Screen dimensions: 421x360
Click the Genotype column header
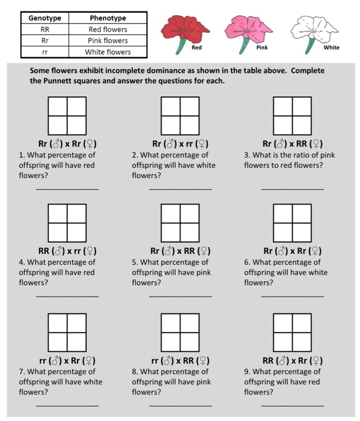44,18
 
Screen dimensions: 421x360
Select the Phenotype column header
108,18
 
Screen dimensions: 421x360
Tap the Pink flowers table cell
108,40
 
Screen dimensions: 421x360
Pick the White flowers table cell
108,52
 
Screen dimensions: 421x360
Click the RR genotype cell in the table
44,29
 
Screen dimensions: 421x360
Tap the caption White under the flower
331,48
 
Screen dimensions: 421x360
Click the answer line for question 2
180,188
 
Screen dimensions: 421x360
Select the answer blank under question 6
293,296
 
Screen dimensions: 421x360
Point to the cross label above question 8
180,360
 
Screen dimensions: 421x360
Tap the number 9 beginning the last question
246,372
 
